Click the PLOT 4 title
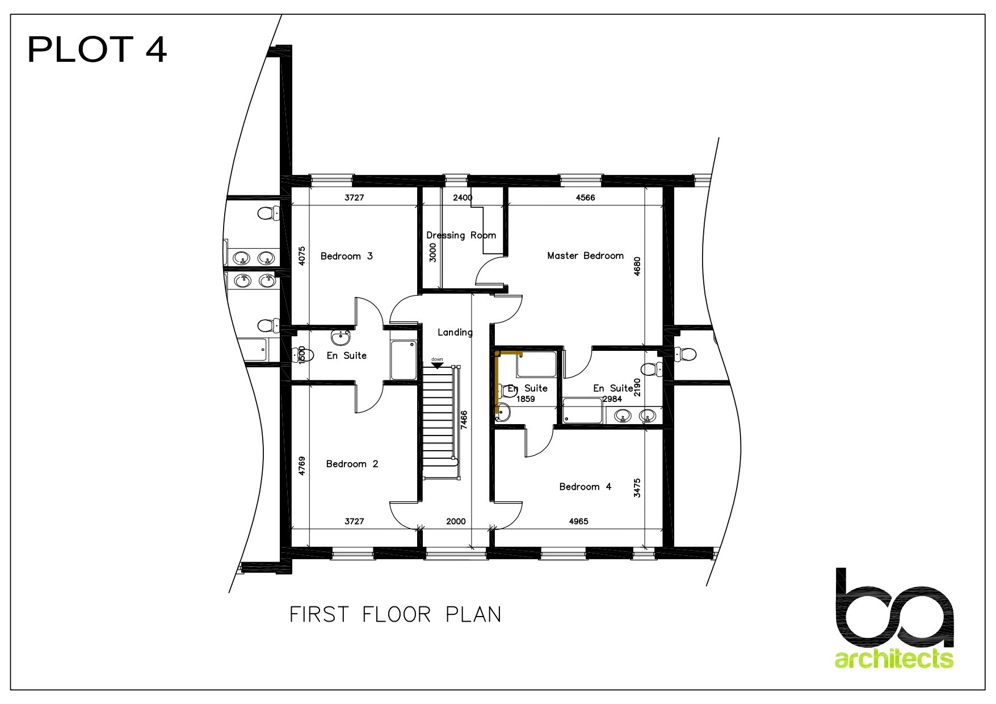click(x=97, y=49)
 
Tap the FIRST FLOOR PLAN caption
click(x=396, y=614)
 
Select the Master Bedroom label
click(x=585, y=255)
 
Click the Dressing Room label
click(x=461, y=235)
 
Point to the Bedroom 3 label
click(x=347, y=256)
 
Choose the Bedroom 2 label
click(x=352, y=464)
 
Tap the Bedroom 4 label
click(x=585, y=487)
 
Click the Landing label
click(x=455, y=332)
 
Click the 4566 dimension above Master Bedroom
click(x=585, y=198)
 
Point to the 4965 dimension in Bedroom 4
click(x=578, y=521)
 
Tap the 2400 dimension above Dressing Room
click(x=463, y=198)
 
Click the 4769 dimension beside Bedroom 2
click(x=302, y=466)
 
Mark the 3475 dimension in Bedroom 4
click(x=637, y=488)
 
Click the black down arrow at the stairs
click(x=437, y=365)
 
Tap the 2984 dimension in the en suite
click(x=612, y=399)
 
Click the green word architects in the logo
click(x=894, y=659)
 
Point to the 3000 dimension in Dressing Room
click(x=432, y=252)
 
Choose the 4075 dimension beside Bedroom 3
click(x=302, y=256)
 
